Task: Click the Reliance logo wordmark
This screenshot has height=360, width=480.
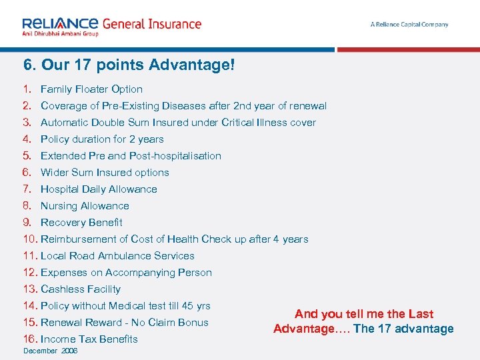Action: point(60,24)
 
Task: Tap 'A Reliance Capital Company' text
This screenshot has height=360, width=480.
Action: point(409,25)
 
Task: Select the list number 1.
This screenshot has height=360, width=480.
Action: point(27,89)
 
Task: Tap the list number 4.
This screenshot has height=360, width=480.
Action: point(27,139)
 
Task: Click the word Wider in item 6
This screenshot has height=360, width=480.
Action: point(55,173)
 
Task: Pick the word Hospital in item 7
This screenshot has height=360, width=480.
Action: point(60,189)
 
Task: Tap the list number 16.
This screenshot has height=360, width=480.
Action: point(29,339)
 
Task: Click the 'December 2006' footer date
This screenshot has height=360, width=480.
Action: point(51,351)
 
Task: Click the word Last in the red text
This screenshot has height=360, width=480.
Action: point(421,314)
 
